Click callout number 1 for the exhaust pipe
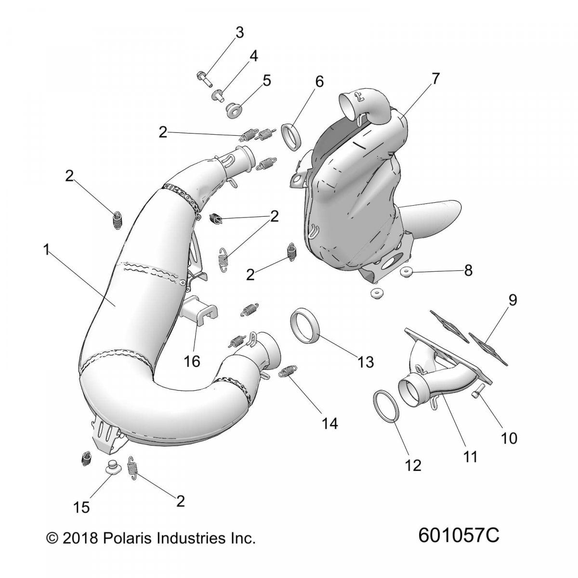47,250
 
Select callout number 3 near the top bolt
239,34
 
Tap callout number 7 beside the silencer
435,79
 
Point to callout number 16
192,360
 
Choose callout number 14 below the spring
330,423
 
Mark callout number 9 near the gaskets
512,301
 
